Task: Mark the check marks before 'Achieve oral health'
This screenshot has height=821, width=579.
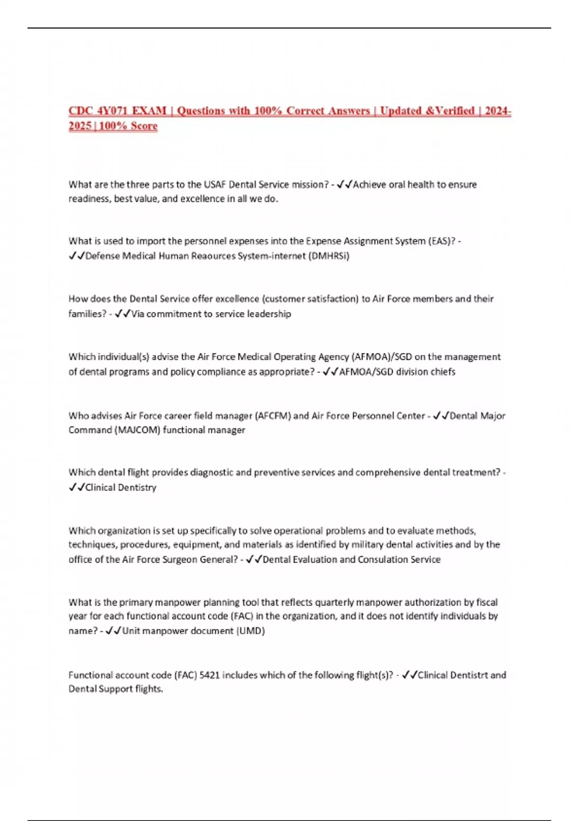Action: [345, 184]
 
